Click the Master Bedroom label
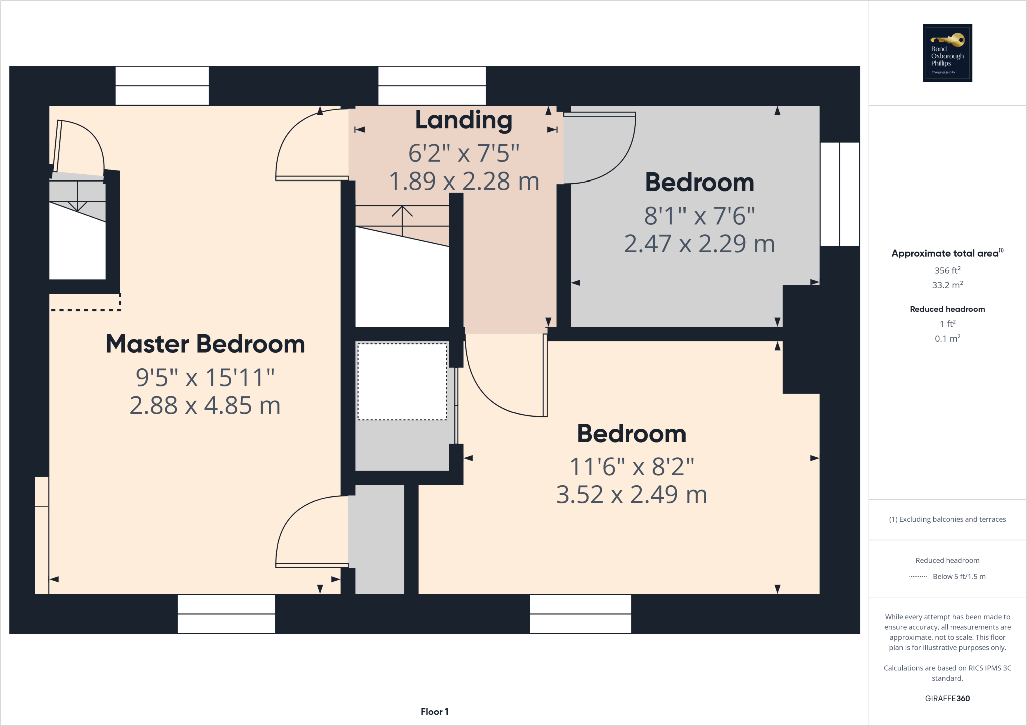click(x=205, y=344)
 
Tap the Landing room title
click(x=464, y=120)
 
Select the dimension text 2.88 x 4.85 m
click(x=205, y=405)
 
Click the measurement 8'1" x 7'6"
click(x=700, y=216)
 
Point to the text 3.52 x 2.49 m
click(x=631, y=495)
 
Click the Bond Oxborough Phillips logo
click(x=947, y=53)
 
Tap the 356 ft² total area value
click(x=947, y=270)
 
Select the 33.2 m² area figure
click(x=947, y=285)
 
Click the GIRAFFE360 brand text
click(x=947, y=698)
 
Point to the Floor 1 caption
click(x=434, y=712)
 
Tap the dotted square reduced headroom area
click(x=402, y=382)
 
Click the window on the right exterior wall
click(x=840, y=194)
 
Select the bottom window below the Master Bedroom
click(x=226, y=614)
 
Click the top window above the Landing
click(x=432, y=86)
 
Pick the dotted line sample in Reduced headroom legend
click(x=918, y=577)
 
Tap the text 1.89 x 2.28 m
click(x=464, y=181)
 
